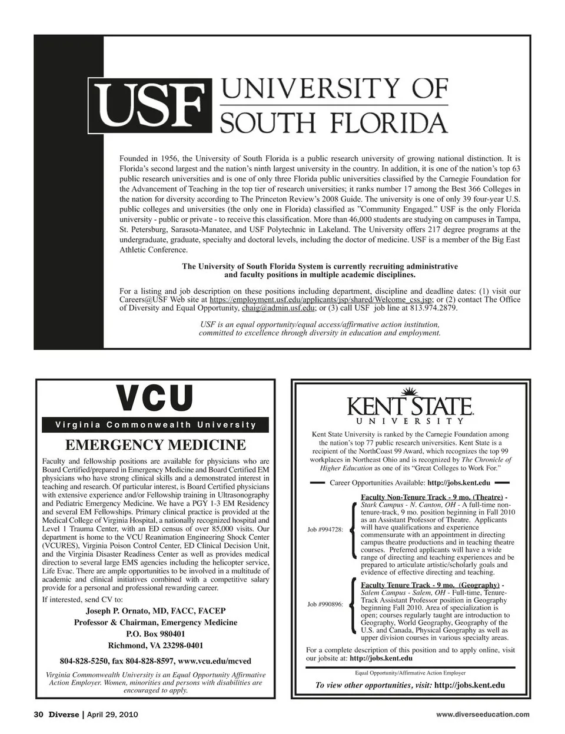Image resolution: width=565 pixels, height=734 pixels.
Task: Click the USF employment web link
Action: [321, 300]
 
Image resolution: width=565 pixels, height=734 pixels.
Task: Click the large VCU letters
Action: [155, 398]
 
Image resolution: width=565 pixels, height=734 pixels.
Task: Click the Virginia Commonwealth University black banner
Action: [155, 425]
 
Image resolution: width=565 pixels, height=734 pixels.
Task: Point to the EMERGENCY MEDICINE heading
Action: [155, 444]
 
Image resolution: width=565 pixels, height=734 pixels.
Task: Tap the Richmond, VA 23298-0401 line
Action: [155, 645]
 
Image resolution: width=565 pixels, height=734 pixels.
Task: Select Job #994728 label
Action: [325, 530]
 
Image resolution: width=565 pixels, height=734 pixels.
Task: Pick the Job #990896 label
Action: [325, 605]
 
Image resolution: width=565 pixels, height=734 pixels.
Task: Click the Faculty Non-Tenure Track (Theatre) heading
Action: [431, 497]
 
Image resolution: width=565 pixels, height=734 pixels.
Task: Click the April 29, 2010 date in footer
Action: [112, 715]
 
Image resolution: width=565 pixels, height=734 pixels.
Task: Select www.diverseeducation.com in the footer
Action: [483, 715]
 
